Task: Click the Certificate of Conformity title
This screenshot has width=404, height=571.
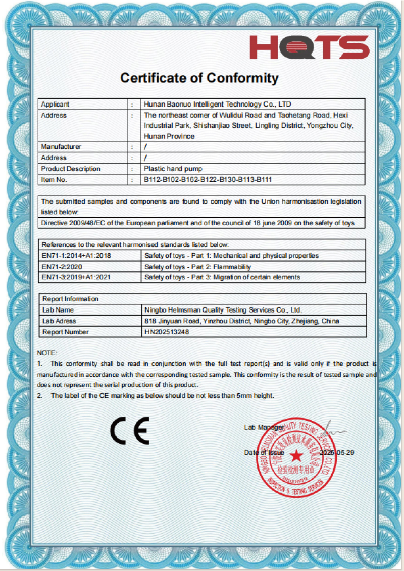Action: [x=199, y=78]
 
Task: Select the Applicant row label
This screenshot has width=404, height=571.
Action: [x=55, y=105]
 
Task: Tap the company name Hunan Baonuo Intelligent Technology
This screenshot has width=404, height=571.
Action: [x=217, y=105]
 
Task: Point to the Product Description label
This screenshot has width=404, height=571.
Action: [x=71, y=169]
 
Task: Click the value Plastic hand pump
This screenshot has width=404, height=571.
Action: [x=173, y=169]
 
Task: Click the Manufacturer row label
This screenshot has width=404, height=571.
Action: [x=61, y=147]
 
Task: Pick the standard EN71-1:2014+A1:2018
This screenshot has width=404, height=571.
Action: [x=76, y=256]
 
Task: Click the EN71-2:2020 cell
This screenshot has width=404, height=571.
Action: [x=62, y=267]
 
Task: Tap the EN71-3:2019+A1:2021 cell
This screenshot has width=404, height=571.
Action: [x=76, y=277]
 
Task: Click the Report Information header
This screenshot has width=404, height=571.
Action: [x=70, y=299]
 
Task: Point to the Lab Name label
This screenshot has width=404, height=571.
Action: [x=58, y=310]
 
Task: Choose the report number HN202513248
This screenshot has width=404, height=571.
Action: [x=167, y=332]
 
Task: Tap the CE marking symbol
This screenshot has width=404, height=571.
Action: [x=130, y=430]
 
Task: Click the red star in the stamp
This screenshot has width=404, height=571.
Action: [x=296, y=456]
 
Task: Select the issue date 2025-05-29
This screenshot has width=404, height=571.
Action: [x=337, y=452]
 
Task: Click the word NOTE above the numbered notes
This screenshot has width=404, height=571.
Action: [x=47, y=352]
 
